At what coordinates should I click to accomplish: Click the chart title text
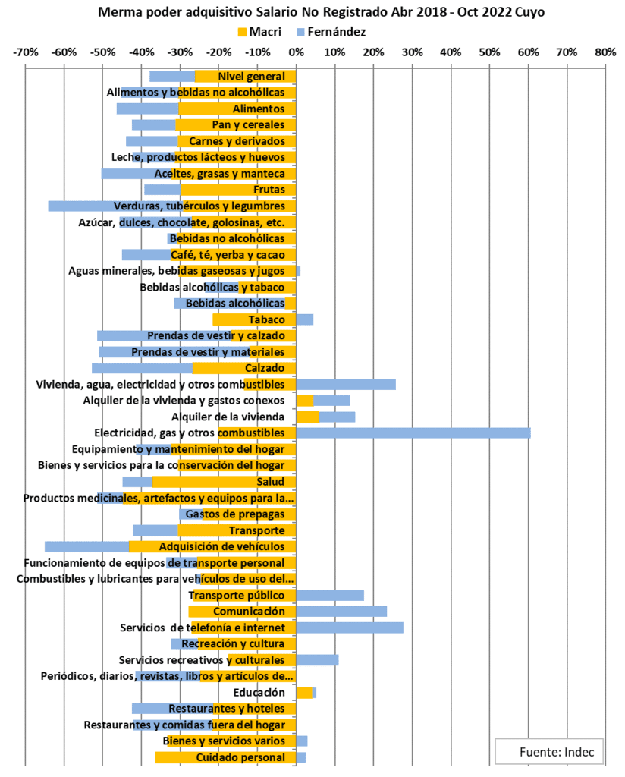click(x=322, y=13)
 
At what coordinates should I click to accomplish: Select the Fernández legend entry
click(x=337, y=32)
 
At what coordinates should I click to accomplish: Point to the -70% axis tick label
click(x=26, y=52)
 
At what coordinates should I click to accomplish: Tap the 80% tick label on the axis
click(x=605, y=52)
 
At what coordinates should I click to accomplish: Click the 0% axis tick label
click(x=296, y=52)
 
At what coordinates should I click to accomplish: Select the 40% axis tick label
click(x=451, y=52)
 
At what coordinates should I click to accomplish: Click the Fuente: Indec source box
click(x=550, y=751)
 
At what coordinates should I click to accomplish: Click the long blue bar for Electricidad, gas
click(x=413, y=433)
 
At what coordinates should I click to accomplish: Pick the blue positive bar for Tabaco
click(x=305, y=319)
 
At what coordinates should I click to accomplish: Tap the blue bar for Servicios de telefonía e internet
click(x=349, y=628)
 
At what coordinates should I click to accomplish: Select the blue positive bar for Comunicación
click(x=341, y=612)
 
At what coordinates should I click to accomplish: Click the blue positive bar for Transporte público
click(x=330, y=596)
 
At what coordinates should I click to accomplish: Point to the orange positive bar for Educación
click(x=304, y=693)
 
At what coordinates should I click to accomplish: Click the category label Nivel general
click(x=251, y=77)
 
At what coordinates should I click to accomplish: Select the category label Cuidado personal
click(x=240, y=757)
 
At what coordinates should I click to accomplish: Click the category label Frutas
click(x=269, y=190)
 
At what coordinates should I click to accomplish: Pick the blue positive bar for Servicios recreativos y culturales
click(x=317, y=660)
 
